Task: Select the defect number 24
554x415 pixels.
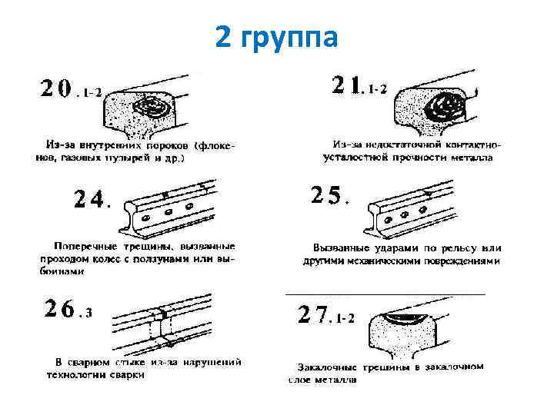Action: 90,199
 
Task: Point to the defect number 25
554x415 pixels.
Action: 327,196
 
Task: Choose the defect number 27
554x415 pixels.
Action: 313,315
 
